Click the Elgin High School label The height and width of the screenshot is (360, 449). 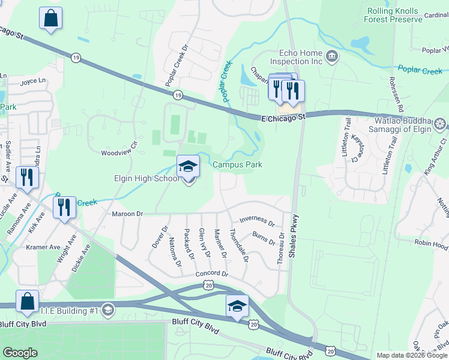click(x=146, y=178)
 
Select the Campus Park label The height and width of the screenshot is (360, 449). click(x=237, y=164)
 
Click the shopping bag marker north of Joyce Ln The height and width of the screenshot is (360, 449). click(x=50, y=19)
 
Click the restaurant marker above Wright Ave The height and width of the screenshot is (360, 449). click(x=64, y=208)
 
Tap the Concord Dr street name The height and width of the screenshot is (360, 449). click(x=212, y=274)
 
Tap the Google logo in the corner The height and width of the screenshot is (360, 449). click(x=20, y=353)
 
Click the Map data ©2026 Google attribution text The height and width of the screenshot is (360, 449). click(x=412, y=355)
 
